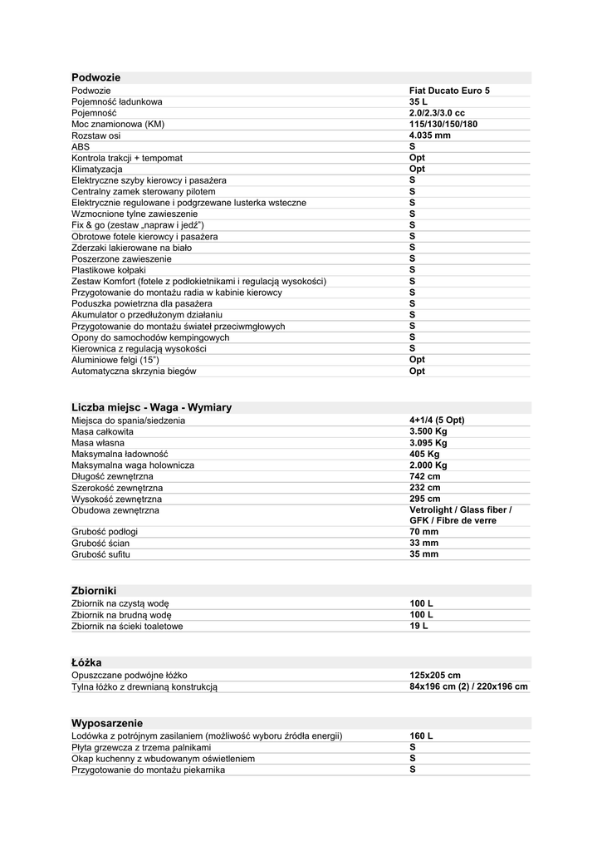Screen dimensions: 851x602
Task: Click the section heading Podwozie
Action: pos(96,77)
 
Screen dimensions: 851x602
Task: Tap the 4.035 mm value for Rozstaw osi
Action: pos(430,135)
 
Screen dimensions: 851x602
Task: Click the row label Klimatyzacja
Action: pos(97,170)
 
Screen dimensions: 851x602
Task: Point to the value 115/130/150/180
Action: pos(443,125)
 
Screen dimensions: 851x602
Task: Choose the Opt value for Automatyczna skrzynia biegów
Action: pos(417,371)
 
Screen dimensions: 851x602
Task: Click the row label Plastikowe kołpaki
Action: pos(109,271)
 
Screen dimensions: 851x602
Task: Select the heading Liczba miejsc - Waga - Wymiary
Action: pos(152,407)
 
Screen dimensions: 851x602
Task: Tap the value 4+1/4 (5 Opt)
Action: pos(437,421)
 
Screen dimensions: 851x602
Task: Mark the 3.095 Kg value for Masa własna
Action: pos(428,443)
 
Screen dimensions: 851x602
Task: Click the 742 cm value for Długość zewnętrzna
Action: pos(424,477)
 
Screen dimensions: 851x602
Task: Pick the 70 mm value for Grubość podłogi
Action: pos(423,531)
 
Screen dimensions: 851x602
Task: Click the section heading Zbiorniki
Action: pos(94,590)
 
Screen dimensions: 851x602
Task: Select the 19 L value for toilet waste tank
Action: pos(418,626)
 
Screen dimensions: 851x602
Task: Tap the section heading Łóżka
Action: pos(86,662)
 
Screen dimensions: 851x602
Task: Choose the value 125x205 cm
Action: pos(435,676)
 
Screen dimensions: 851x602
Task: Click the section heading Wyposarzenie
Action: pos(107,723)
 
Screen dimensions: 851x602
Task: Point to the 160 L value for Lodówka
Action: pos(421,736)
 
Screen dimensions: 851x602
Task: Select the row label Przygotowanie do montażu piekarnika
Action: pos(149,770)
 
